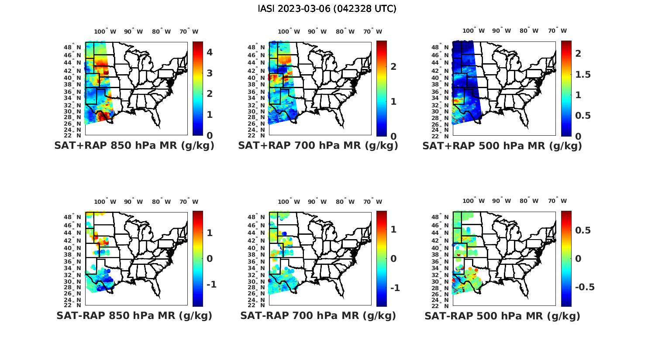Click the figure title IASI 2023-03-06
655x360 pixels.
(327, 9)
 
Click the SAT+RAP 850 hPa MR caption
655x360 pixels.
(134, 146)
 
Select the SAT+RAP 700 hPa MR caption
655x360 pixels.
(318, 146)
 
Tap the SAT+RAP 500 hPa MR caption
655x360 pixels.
(502, 146)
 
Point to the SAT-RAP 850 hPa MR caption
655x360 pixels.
(134, 315)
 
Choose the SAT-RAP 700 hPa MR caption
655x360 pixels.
(318, 315)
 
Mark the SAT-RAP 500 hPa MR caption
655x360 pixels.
(502, 316)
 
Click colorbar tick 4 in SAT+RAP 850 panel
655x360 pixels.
(210, 52)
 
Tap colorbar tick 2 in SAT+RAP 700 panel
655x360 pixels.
(393, 66)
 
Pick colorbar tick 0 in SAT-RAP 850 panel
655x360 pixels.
(210, 259)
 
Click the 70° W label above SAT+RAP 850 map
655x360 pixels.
(189, 31)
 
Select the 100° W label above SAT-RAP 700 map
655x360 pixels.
(289, 202)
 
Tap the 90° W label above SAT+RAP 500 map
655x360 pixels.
(502, 31)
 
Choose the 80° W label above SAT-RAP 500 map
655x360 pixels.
(529, 201)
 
